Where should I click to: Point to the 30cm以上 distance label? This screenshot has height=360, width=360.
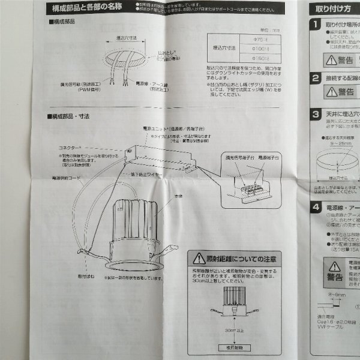[x=234, y=329]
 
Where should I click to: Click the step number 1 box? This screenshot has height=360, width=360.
[x=316, y=25]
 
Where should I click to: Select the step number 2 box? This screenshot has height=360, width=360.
[x=316, y=78]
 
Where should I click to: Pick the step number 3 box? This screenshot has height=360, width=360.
[x=316, y=115]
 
